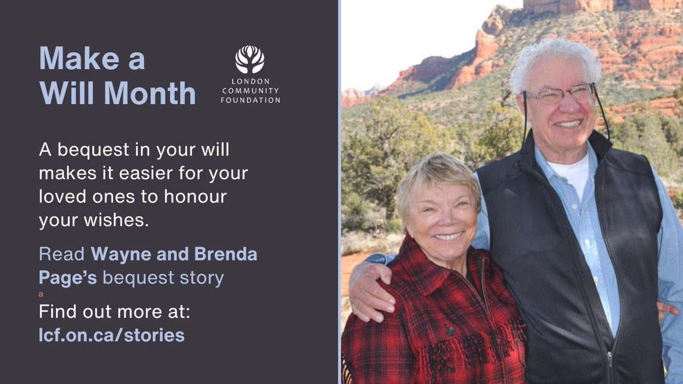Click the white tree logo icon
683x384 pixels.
pos(250,60)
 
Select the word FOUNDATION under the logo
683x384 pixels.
pos(250,101)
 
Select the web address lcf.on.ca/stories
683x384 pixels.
pos(112,335)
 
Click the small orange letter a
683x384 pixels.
pos(41,295)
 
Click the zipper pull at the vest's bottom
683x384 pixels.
pos(610,358)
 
